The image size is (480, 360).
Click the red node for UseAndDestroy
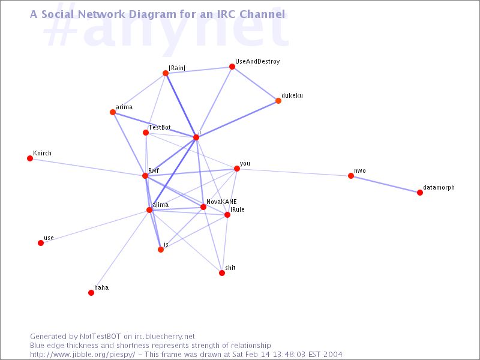coord(232,67)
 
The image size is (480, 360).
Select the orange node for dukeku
coord(278,101)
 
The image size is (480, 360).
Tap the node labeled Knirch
coord(30,158)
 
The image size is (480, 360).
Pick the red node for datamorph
coord(420,193)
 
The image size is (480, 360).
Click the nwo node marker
coord(351,176)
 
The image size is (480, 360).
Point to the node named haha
coord(91,293)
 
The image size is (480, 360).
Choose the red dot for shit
coord(222,273)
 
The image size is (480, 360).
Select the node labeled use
coord(41,243)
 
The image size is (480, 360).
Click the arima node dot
coord(113,112)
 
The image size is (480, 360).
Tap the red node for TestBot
coord(146,133)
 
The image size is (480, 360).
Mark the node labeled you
coord(237,169)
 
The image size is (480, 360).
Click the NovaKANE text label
coord(221,202)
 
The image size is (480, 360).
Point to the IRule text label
coord(238,209)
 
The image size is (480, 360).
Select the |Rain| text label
coord(177,68)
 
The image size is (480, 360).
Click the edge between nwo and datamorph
coord(385,184)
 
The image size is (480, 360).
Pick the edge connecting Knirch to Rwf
coord(88,167)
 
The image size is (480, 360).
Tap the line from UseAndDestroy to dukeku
coord(255,83)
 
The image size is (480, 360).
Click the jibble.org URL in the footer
coord(83,355)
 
